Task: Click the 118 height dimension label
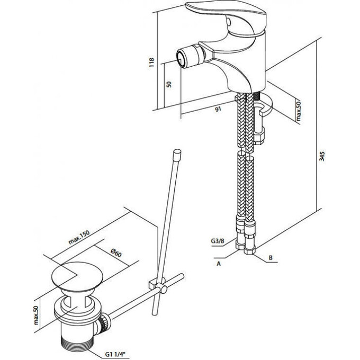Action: [152, 62]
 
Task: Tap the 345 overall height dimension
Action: [322, 156]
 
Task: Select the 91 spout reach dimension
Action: [218, 109]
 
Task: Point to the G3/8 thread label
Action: [218, 241]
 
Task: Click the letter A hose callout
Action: [219, 264]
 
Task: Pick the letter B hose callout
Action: [271, 258]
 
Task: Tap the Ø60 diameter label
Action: [116, 253]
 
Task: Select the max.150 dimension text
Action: [79, 237]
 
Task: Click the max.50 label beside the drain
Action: [36, 315]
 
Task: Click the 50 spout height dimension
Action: [169, 84]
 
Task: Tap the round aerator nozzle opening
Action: [182, 59]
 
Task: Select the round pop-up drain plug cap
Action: [77, 276]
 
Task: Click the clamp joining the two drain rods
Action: [158, 284]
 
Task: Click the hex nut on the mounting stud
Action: [259, 137]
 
